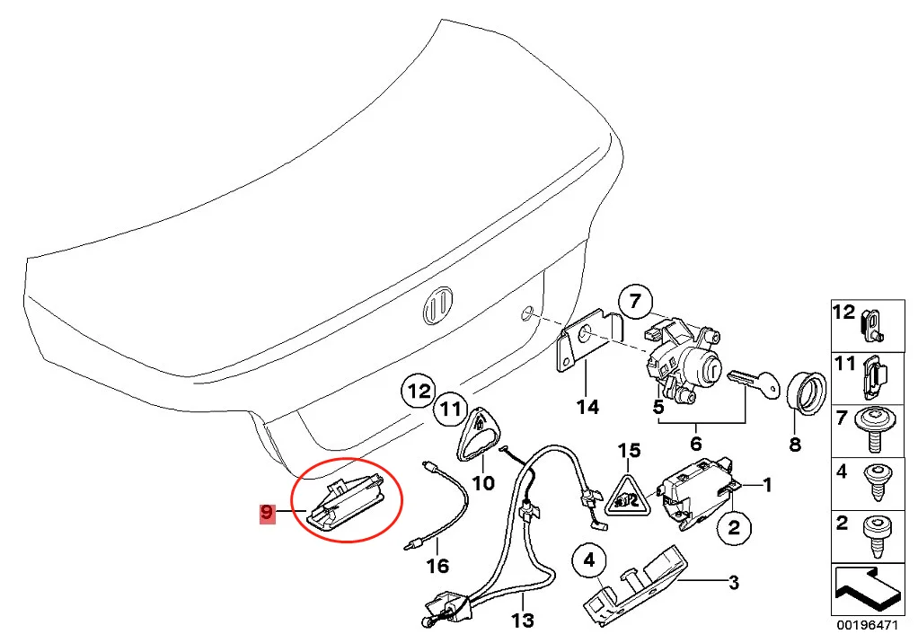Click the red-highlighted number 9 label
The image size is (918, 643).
(x=266, y=513)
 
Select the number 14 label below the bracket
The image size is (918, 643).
(x=587, y=408)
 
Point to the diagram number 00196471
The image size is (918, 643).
(x=867, y=624)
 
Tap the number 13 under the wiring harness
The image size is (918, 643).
(x=522, y=620)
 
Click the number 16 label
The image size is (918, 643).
(x=437, y=567)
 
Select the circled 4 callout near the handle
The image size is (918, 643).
(x=589, y=562)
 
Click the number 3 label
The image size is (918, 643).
(x=733, y=584)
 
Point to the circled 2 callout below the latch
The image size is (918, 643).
(x=733, y=527)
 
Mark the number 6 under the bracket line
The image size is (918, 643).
(x=696, y=443)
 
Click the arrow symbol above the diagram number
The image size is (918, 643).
(x=866, y=587)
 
